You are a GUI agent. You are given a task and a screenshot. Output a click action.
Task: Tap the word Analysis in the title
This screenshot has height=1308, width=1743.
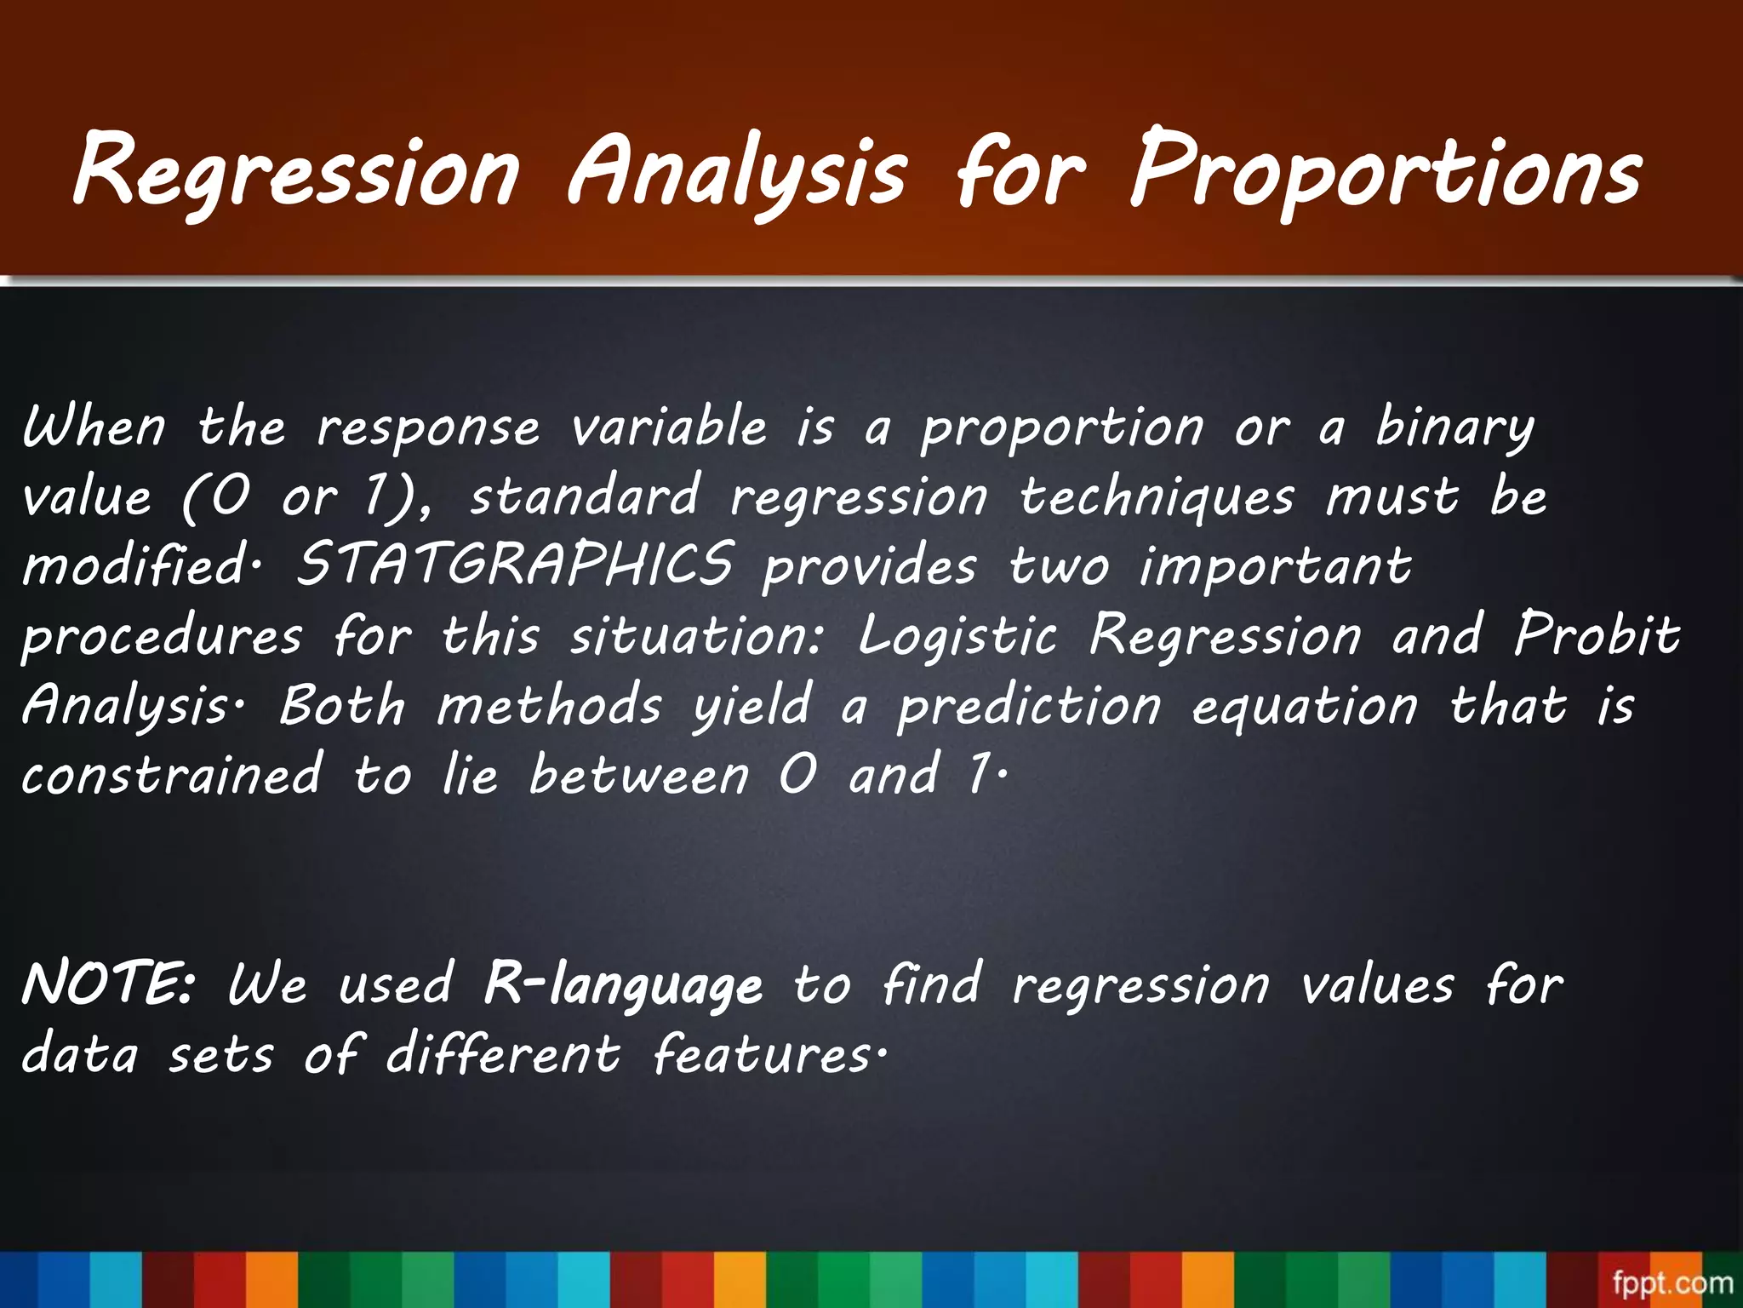pyautogui.click(x=737, y=170)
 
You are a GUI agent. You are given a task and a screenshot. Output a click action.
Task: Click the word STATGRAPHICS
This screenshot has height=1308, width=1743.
pyautogui.click(x=514, y=565)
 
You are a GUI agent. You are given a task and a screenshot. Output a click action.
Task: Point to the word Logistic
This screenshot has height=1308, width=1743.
pyautogui.click(x=957, y=636)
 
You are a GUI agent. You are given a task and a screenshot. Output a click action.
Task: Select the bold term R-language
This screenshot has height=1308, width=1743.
pyautogui.click(x=623, y=986)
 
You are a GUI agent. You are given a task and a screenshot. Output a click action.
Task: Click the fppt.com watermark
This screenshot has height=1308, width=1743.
pyautogui.click(x=1672, y=1282)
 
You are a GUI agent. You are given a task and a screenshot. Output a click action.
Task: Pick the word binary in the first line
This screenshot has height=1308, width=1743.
pyautogui.click(x=1454, y=427)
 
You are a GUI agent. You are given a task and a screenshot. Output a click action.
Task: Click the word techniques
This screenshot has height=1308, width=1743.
pyautogui.click(x=1157, y=497)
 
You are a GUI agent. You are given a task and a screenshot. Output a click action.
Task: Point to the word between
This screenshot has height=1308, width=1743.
pyautogui.click(x=639, y=775)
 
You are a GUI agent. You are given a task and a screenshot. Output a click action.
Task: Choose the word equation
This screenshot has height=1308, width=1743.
pyautogui.click(x=1305, y=706)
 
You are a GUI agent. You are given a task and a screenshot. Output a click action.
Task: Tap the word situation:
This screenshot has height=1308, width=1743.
pyautogui.click(x=697, y=636)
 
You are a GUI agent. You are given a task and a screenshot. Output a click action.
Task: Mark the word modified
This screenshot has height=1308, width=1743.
pyautogui.click(x=134, y=566)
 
